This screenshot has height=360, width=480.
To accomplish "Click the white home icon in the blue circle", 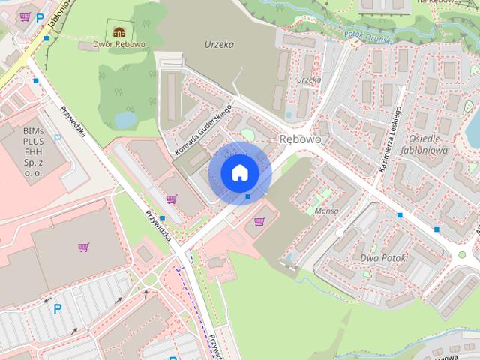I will [239, 173].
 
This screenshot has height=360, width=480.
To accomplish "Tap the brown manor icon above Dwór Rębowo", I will [118, 31].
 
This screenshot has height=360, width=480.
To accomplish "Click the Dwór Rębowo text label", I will [118, 45].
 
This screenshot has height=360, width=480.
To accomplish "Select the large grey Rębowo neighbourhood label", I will [300, 139].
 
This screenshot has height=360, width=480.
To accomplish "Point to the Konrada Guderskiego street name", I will [202, 131].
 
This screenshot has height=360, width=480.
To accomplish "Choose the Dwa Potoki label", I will [383, 258].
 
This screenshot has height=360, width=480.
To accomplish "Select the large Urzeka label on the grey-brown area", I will [219, 44].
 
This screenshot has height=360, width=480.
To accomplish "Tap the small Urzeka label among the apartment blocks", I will [308, 79].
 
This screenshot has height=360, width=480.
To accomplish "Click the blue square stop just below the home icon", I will [248, 196].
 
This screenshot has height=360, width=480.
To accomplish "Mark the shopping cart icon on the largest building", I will [83, 246].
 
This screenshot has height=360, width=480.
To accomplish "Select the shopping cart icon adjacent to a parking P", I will [25, 16].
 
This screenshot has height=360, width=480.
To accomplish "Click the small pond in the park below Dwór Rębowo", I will [125, 119].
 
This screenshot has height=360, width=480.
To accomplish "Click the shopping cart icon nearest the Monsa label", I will [259, 220].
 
